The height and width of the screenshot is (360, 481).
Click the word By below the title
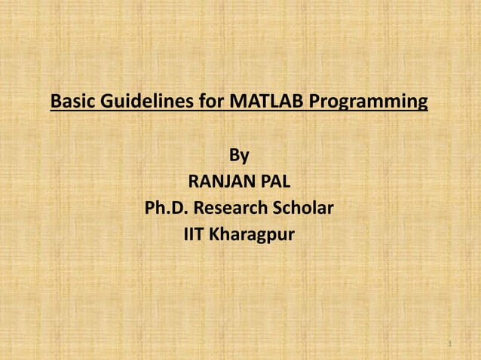(x=239, y=155)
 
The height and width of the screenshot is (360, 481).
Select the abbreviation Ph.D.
(x=167, y=208)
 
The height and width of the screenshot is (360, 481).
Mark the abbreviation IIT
(x=195, y=234)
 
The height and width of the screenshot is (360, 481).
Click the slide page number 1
(x=449, y=344)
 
